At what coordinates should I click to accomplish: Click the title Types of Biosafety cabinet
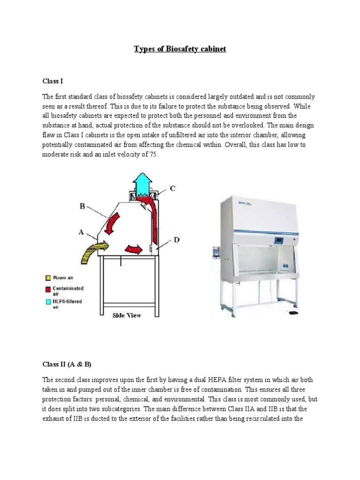[180, 49]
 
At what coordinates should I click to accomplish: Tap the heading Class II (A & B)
[66, 364]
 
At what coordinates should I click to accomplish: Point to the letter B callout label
[82, 205]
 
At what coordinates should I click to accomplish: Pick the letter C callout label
[172, 188]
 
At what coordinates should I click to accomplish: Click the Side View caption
[127, 315]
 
